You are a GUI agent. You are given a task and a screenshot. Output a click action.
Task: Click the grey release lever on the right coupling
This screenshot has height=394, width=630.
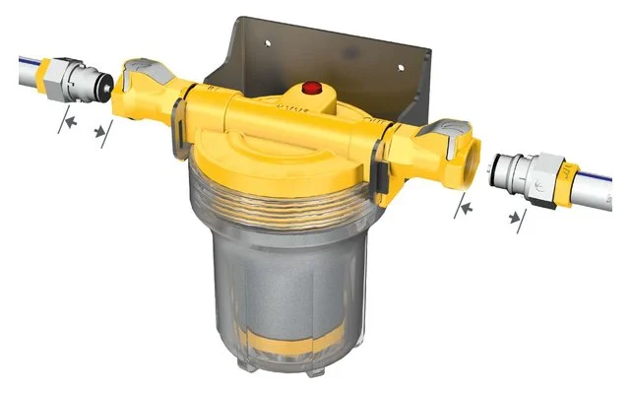point(449,132)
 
